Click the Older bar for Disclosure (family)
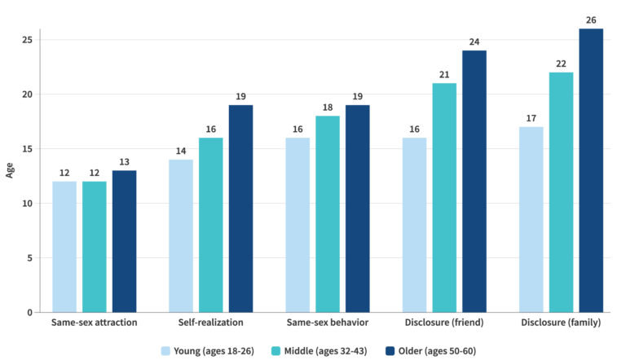tap(591, 170)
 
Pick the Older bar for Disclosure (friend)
tap(474, 182)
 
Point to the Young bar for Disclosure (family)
tap(531, 219)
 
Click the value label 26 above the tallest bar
tap(591, 20)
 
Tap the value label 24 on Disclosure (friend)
tap(474, 42)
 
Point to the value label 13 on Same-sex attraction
tap(124, 161)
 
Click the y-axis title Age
tap(10, 171)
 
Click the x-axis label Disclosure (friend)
tap(444, 323)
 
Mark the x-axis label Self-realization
tap(210, 323)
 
